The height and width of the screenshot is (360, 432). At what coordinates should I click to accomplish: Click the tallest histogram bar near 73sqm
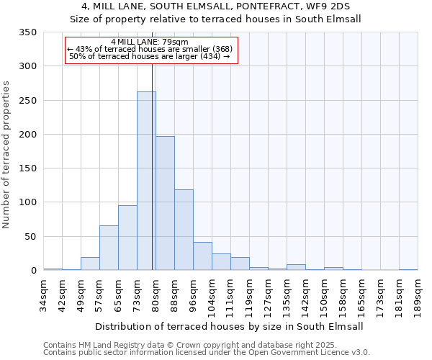146,181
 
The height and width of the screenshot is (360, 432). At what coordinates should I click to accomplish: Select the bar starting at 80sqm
165,204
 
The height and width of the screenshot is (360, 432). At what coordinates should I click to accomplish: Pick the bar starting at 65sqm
127,238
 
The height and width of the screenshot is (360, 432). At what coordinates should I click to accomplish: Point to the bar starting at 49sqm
90,264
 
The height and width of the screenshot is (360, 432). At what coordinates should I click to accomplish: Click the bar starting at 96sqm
202,256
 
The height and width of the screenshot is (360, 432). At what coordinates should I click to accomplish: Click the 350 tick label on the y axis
28,32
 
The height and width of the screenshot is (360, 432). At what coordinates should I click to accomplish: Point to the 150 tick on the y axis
28,168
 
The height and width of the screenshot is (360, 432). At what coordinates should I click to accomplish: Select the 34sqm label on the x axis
44,295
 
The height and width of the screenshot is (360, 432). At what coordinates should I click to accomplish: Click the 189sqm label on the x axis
418,297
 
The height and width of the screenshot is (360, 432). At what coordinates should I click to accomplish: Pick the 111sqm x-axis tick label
230,297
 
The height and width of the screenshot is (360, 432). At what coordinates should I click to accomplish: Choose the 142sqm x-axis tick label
305,297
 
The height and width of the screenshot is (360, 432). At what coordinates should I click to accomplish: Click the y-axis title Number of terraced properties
7,154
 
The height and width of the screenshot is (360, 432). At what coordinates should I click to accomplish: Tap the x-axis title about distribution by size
229,326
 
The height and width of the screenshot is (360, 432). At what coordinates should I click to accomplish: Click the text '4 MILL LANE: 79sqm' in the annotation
150,42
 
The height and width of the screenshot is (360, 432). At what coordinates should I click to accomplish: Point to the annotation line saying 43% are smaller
150,49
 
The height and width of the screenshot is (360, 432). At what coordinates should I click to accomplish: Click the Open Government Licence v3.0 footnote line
207,353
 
